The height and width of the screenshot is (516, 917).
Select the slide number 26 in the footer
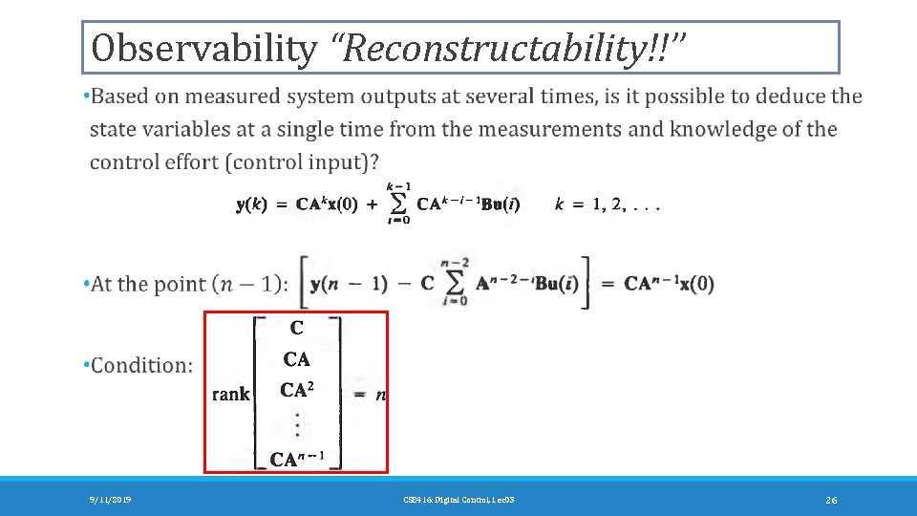pyautogui.click(x=831, y=500)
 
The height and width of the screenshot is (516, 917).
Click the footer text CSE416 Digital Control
pyautogui.click(x=458, y=500)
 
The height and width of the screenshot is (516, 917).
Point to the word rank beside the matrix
pyautogui.click(x=230, y=394)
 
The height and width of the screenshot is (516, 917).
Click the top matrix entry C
pyautogui.click(x=297, y=328)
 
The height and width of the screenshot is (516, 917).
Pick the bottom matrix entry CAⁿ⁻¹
pyautogui.click(x=299, y=460)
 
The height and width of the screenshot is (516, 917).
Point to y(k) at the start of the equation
pyautogui.click(x=252, y=204)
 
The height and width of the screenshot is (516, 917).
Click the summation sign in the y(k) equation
pyautogui.click(x=399, y=204)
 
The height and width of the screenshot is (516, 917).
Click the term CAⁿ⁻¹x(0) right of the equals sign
pyautogui.click(x=669, y=284)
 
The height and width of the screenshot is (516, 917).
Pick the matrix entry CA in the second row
pyautogui.click(x=297, y=359)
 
